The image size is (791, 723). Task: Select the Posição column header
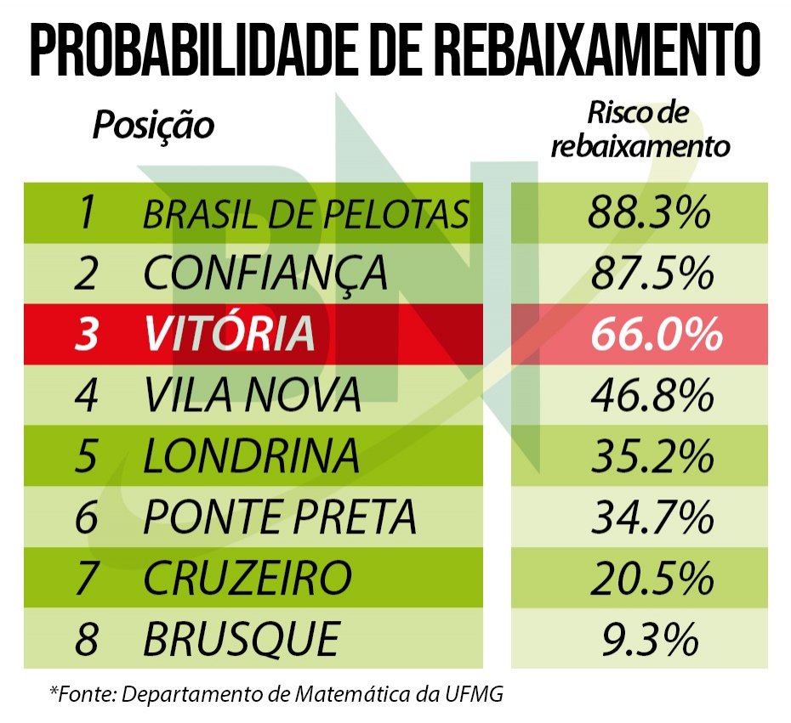(x=153, y=126)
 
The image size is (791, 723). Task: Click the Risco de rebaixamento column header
(x=640, y=130)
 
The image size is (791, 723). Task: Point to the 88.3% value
(x=649, y=212)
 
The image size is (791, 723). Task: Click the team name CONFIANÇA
(x=265, y=274)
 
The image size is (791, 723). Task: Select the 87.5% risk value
(x=649, y=274)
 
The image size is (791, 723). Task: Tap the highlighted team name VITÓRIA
(x=229, y=335)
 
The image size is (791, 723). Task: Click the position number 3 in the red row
(x=86, y=335)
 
